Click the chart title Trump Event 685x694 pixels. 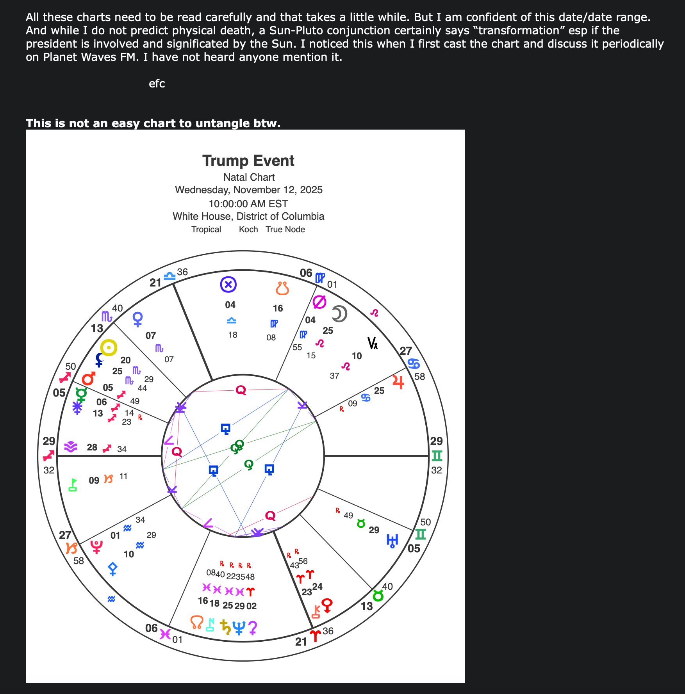[x=248, y=161]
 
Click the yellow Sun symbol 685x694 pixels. [x=109, y=347]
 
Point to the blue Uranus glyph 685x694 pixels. [x=392, y=541]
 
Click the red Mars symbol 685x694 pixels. [x=89, y=378]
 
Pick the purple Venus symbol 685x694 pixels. [x=137, y=319]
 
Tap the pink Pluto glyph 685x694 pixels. [x=96, y=547]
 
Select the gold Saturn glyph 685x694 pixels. [x=225, y=627]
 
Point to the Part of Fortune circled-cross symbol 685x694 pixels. [x=228, y=285]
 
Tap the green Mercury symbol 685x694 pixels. [x=81, y=395]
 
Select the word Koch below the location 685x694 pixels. [x=248, y=230]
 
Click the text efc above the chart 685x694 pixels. [x=157, y=84]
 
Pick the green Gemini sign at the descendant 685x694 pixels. [x=437, y=456]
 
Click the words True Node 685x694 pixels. [x=285, y=230]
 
